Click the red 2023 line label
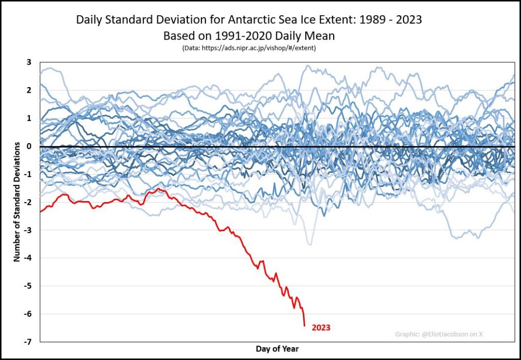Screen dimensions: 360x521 (321, 328)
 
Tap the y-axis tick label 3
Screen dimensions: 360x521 (29, 63)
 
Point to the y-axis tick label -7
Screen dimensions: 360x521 (28, 342)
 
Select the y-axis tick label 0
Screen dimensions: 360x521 (29, 147)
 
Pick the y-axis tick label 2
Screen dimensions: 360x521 (29, 91)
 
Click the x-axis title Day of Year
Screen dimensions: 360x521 (277, 349)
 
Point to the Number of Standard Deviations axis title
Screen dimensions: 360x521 (17, 202)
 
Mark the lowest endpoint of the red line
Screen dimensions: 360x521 (304, 325)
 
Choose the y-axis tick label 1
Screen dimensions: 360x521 (29, 119)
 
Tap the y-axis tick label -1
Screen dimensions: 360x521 (28, 174)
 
